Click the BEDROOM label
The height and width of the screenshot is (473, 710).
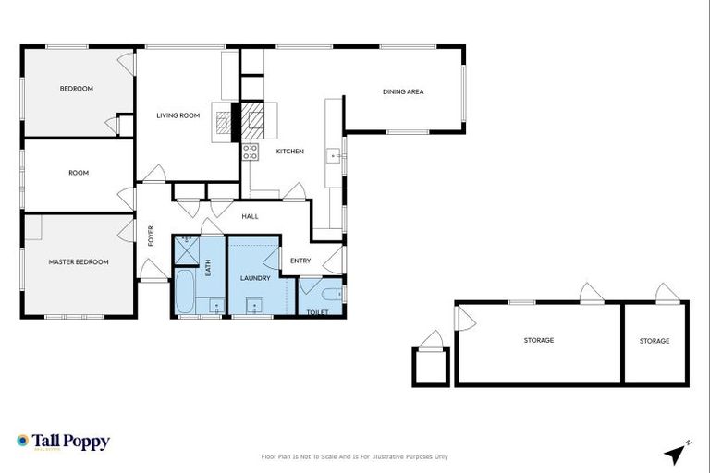(x=77, y=89)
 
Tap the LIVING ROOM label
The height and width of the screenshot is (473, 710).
(x=177, y=115)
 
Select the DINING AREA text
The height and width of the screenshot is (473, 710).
(x=403, y=91)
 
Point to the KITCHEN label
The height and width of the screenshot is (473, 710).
(x=289, y=152)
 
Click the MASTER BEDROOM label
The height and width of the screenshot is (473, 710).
(x=79, y=262)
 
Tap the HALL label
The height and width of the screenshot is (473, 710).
(x=250, y=216)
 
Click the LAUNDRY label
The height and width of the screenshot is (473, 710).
(x=254, y=278)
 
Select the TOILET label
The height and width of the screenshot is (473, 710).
(x=317, y=312)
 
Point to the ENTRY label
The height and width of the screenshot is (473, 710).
(x=300, y=261)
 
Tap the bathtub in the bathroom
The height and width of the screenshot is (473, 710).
(x=184, y=291)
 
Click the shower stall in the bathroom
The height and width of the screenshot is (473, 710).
(x=186, y=249)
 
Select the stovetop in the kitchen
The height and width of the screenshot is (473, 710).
(x=250, y=152)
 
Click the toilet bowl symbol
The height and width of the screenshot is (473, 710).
(x=332, y=294)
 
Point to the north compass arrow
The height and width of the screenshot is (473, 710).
(x=677, y=454)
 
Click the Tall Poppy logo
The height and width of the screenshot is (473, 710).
(x=63, y=442)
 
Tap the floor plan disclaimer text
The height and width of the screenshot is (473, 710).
(x=355, y=456)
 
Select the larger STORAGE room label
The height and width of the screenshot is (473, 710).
(x=538, y=341)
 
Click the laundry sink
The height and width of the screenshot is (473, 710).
(x=251, y=306)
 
